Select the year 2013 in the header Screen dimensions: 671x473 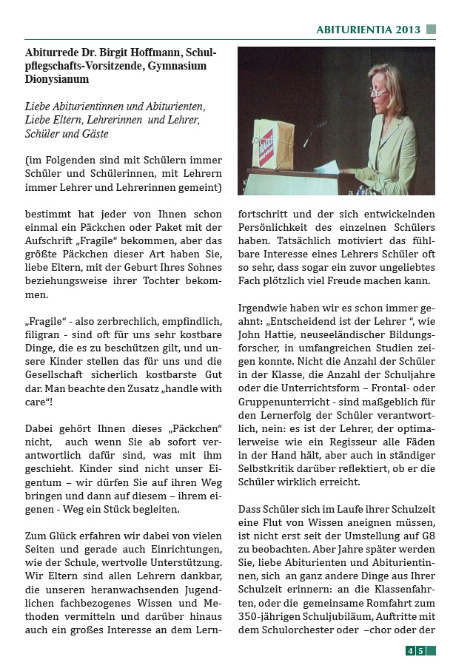point(408,30)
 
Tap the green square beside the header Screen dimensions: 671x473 point(432,30)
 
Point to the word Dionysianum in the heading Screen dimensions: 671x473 point(57,80)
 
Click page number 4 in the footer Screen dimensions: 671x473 point(409,651)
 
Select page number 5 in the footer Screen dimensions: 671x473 point(420,651)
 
